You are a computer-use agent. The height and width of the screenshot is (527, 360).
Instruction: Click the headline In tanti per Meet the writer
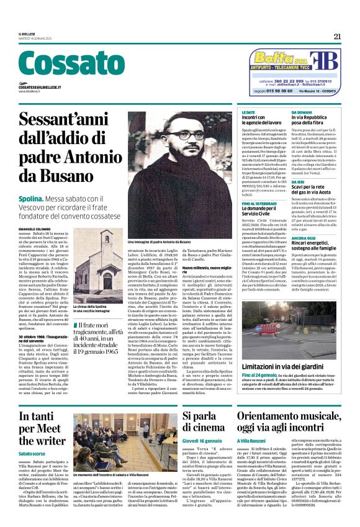click(x=42, y=427)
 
